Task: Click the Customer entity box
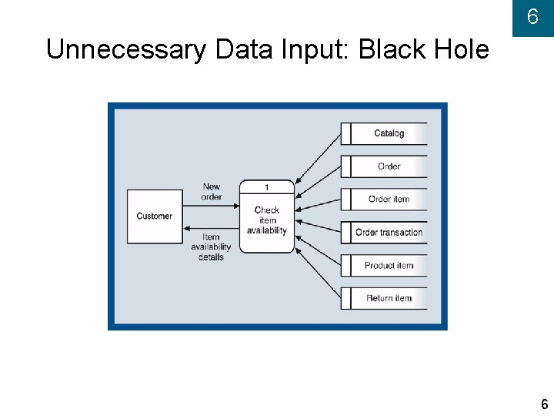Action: [x=155, y=216]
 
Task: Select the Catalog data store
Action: [x=389, y=133]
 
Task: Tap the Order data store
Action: [x=389, y=166]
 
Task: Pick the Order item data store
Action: [x=389, y=200]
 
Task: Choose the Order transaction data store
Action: [x=389, y=232]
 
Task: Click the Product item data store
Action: [x=389, y=265]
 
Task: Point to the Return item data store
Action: [x=389, y=298]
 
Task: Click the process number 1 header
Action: [x=267, y=187]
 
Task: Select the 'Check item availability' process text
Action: [x=267, y=220]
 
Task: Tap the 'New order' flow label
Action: [x=212, y=192]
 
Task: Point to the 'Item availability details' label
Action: [x=211, y=247]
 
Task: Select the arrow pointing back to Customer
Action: [x=212, y=226]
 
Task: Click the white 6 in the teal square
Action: [x=532, y=18]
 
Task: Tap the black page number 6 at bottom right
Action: [x=544, y=404]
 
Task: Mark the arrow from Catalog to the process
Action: [x=317, y=158]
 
